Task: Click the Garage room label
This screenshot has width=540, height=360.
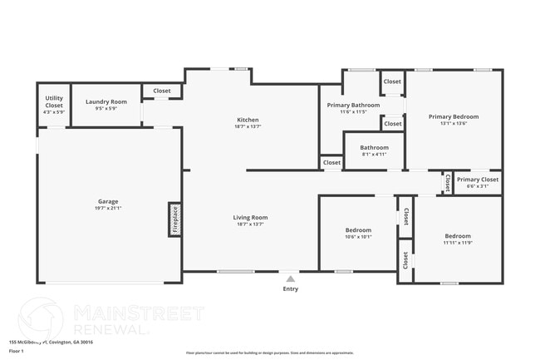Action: click(108, 201)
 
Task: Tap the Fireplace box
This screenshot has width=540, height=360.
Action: click(175, 219)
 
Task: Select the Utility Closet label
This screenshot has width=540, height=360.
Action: click(54, 102)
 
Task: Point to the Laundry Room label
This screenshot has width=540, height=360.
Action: click(106, 101)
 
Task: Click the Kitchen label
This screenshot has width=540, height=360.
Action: click(248, 120)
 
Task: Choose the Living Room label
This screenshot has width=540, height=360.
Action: click(250, 218)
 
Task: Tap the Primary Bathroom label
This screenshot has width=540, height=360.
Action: click(353, 106)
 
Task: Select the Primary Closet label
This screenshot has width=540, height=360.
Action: click(478, 180)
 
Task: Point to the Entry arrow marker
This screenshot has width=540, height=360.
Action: click(290, 279)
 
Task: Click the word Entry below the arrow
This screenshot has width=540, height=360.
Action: click(290, 289)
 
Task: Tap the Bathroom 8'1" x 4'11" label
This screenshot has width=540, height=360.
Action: click(374, 148)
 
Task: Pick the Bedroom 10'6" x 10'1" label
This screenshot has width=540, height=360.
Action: click(358, 229)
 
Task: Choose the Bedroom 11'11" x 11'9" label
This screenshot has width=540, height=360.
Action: click(457, 236)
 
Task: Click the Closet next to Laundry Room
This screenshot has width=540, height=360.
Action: click(162, 91)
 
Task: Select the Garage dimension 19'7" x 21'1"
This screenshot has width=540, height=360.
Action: click(108, 208)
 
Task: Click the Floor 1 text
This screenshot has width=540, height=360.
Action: click(17, 351)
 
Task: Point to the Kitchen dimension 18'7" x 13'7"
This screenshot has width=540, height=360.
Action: click(248, 126)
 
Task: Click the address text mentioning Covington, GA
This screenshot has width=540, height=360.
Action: click(51, 342)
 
